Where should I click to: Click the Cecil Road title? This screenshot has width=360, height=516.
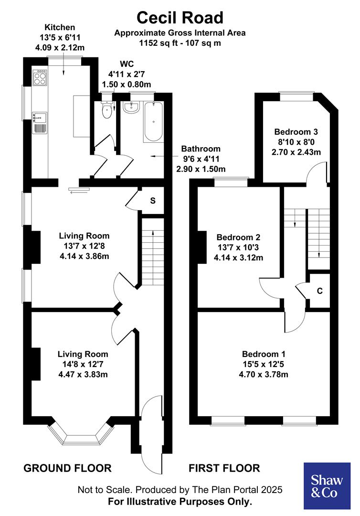[180, 18]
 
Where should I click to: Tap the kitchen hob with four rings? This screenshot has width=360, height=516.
[39, 78]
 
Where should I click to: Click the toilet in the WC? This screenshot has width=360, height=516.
[107, 110]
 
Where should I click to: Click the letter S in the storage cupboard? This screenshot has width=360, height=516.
[153, 201]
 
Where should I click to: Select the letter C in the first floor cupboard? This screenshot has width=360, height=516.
[319, 291]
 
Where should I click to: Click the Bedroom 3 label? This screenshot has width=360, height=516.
[296, 132]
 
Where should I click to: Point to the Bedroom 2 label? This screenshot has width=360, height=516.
[238, 237]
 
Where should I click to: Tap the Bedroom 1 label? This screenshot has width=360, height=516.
[264, 354]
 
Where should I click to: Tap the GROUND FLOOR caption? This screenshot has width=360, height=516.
[67, 468]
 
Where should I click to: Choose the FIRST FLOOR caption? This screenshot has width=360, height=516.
[224, 468]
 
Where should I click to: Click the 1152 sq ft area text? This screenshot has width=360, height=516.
[180, 43]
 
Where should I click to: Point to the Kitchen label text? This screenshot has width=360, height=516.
[60, 27]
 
